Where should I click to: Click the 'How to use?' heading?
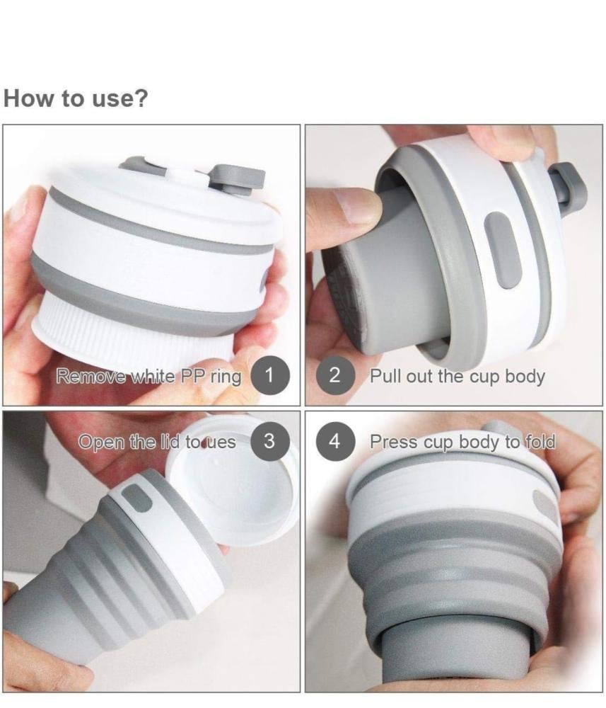click(75, 98)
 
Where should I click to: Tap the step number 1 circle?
click(269, 375)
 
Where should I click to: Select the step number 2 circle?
click(334, 375)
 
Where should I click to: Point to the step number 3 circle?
click(269, 440)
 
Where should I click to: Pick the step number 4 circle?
click(334, 440)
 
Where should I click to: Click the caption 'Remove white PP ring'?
click(148, 376)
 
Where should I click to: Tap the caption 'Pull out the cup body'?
click(458, 376)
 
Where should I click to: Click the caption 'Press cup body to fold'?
click(462, 442)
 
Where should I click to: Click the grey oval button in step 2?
click(503, 250)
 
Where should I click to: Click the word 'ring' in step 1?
click(226, 377)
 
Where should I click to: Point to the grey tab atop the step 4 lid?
click(500, 430)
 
